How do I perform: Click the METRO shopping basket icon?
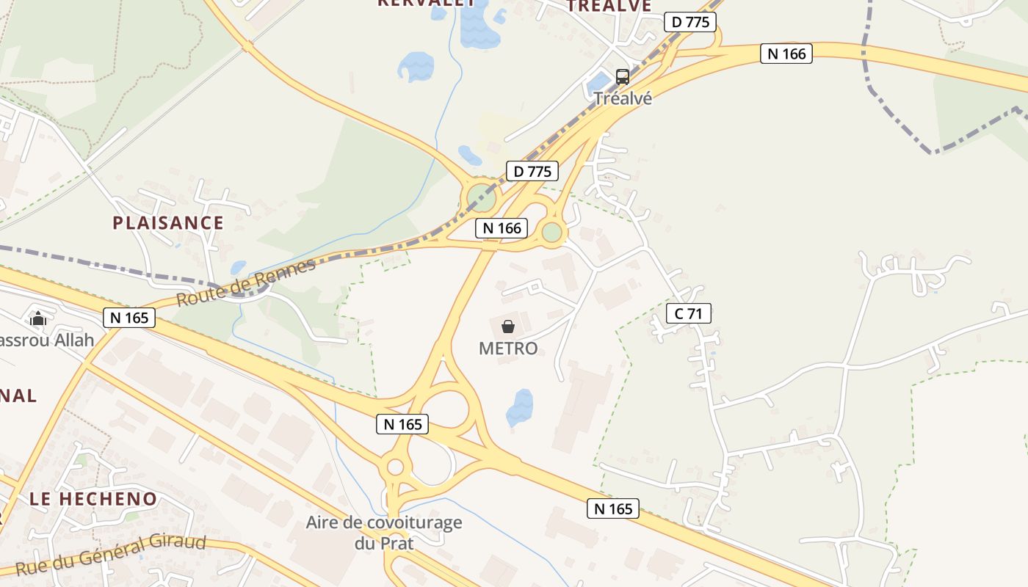pos(507,327)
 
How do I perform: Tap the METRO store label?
pos(508,349)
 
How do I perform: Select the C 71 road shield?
pos(688,314)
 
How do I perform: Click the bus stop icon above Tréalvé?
pos(622,76)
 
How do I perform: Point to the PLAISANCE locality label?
pos(168,223)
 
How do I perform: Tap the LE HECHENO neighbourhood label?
pos(93,500)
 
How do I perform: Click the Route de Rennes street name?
pos(246,282)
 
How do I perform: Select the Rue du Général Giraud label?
pos(110,556)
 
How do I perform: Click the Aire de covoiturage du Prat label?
pos(384,533)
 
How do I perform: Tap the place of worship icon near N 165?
pos(37,318)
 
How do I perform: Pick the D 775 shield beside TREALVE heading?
pos(690,22)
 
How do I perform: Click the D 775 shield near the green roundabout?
pos(532,172)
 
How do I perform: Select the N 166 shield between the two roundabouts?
pos(502,228)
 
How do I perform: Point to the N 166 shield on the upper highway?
pos(786,54)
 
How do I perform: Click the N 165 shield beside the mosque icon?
pos(130,318)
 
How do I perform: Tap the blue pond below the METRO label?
pos(520,407)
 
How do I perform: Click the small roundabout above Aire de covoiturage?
pos(395,467)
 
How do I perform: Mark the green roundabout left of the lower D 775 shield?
pos(482,197)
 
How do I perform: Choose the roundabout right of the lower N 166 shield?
pos(552,233)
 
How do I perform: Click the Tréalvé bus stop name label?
pos(623,98)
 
